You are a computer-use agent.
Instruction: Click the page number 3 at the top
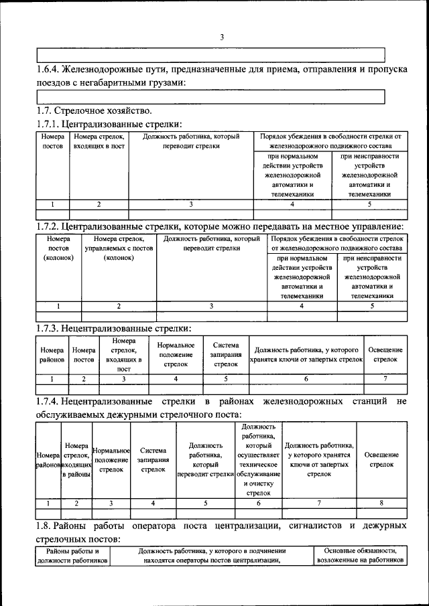point(222,37)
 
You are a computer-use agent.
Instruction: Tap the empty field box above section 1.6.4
point(210,55)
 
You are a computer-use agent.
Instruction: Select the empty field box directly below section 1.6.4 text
point(210,97)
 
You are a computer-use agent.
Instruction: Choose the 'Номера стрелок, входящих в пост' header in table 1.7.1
point(99,141)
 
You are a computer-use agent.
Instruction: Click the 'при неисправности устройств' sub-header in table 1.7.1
point(369,175)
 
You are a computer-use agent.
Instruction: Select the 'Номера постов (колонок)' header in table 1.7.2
point(58,248)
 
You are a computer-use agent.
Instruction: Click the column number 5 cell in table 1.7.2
point(373,306)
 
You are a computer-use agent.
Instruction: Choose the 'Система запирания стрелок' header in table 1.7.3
point(226,354)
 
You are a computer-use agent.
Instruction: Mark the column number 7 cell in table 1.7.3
point(385,378)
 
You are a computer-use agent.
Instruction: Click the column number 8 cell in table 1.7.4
point(381,502)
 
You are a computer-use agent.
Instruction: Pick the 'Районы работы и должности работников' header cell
point(72,555)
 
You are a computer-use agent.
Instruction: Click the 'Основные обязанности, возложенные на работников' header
point(361,555)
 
